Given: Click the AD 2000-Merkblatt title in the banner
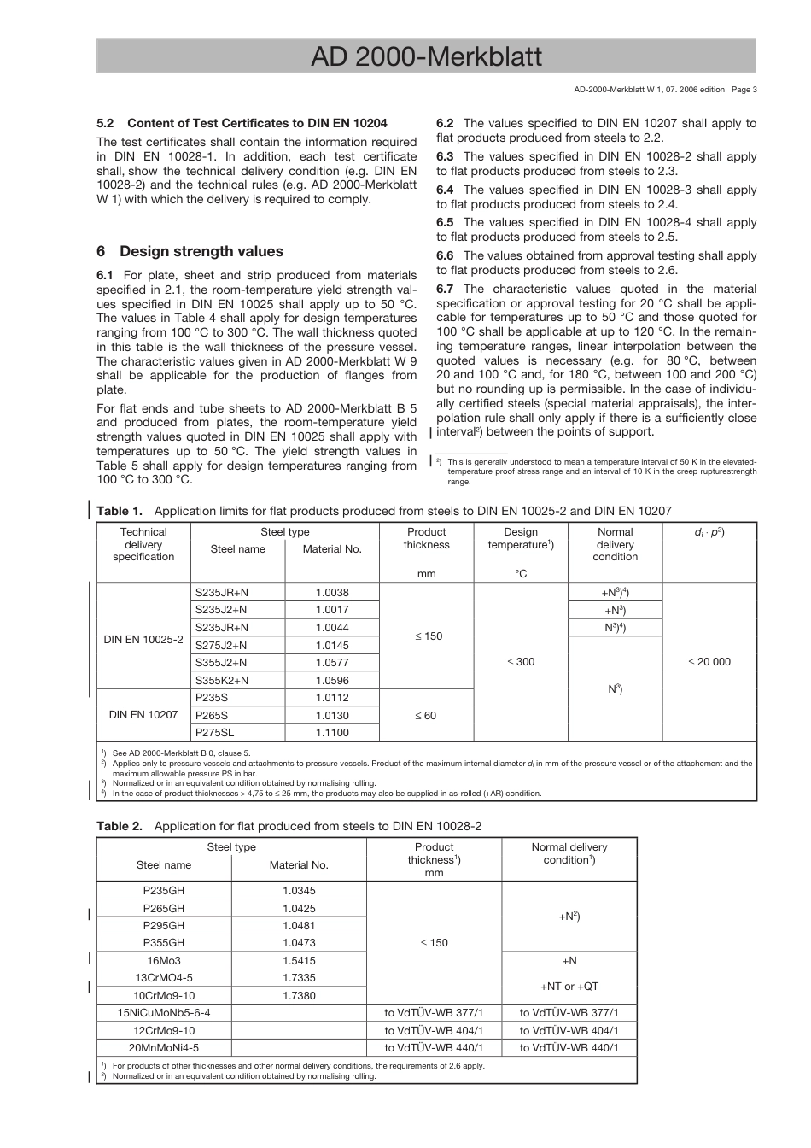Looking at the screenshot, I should (426, 56).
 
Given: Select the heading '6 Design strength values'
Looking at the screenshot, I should (190, 251).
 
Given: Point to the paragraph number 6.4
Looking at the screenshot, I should (445, 190).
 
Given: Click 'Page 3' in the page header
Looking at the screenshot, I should (744, 89).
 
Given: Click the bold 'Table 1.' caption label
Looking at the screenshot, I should (119, 511).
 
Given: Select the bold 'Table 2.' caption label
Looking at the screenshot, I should (119, 826).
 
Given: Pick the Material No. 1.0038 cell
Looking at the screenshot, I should (332, 592).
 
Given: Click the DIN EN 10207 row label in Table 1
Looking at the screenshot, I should (143, 715).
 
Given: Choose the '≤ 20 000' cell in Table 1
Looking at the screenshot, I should (709, 662).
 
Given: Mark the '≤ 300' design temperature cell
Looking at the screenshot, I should (521, 662).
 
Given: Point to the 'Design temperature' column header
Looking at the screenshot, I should (521, 538).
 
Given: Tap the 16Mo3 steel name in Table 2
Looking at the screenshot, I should (164, 960).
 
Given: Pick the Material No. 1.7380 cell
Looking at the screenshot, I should (299, 995).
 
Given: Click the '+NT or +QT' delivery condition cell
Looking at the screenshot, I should (569, 987).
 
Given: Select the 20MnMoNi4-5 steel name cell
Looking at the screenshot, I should (164, 1047).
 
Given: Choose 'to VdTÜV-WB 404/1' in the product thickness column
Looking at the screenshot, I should (434, 1030).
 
